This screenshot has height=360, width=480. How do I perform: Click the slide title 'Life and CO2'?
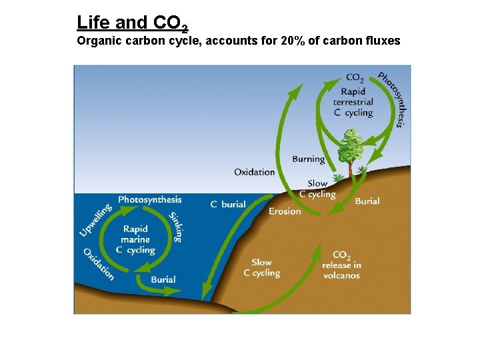coord(132,23)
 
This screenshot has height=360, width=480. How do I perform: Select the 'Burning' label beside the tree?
coord(308,159)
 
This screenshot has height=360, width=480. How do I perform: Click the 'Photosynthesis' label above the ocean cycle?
coord(150,199)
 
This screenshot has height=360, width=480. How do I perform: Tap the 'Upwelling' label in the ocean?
coord(95,219)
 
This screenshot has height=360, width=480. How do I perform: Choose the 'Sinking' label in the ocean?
coord(177,227)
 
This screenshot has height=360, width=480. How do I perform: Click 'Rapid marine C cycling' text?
coord(135,239)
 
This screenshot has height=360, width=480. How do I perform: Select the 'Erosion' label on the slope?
coord(285,211)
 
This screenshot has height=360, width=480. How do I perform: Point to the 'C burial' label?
coord(228,204)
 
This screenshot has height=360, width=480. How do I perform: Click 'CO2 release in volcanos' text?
coord(341,265)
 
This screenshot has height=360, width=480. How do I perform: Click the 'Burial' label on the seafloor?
coord(163,279)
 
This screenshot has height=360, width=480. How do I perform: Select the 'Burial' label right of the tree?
coord(367,201)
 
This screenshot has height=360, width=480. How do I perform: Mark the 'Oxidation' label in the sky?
coord(254,172)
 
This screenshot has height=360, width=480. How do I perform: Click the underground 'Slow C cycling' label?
coord(261,267)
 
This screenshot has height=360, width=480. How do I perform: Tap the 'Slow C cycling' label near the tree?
coord(317,189)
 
